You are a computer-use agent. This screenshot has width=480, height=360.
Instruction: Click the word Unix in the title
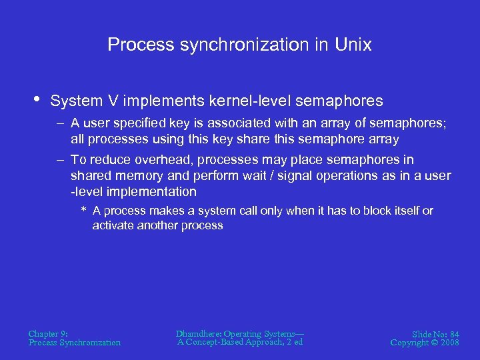click(353, 45)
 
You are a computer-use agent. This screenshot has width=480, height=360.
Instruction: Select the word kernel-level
click(249, 101)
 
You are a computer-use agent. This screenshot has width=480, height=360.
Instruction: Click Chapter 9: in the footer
click(47, 333)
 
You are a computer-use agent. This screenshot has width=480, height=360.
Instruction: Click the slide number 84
click(454, 333)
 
